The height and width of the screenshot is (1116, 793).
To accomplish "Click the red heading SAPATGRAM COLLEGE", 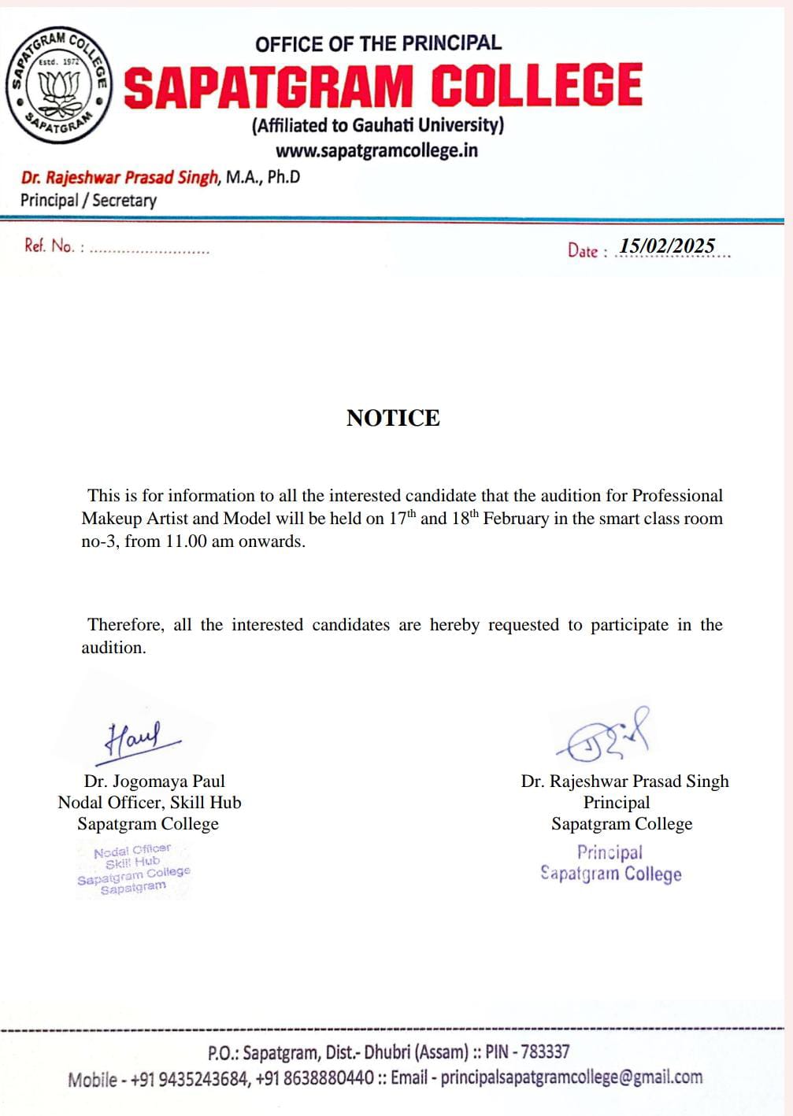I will (383, 86).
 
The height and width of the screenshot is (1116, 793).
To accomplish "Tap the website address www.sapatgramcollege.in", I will (376, 150).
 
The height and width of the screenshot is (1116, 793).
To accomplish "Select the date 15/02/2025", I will (667, 246).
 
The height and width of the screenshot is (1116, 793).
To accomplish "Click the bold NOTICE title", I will (393, 418).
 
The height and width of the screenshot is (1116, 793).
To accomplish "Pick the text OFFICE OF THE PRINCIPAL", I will (378, 43).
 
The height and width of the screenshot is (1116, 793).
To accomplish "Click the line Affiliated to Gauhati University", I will (378, 125).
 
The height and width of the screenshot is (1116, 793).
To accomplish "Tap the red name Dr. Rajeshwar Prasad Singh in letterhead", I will (120, 177).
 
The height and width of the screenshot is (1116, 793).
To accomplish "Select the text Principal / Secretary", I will (88, 200).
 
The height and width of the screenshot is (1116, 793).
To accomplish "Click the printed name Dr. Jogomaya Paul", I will (154, 781).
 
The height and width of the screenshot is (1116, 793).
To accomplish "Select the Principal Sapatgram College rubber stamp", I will (610, 863).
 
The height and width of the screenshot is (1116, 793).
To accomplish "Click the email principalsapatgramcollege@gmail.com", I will (571, 1077).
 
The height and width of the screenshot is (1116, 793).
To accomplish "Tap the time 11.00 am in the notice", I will (194, 541).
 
